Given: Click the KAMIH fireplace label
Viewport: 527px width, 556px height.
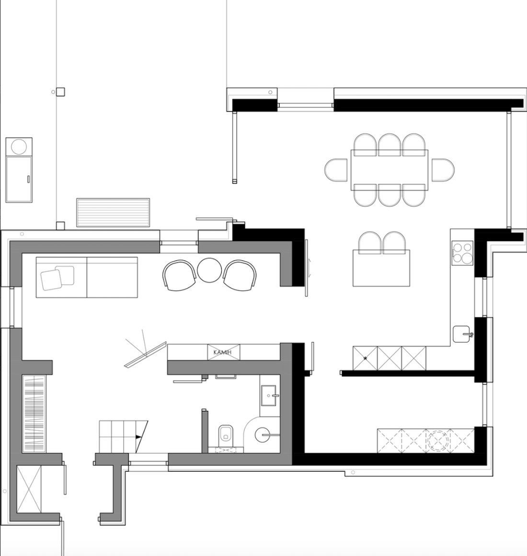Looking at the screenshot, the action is tap(223, 352).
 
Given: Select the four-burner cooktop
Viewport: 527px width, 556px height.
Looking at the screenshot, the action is tap(462, 253).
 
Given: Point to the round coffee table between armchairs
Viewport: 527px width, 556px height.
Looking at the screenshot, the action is tap(209, 270).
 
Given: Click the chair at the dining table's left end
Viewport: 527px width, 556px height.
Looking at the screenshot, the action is tap(336, 170).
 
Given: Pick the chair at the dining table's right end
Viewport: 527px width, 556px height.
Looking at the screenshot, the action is tap(443, 170).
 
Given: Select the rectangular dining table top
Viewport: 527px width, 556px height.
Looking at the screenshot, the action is tap(390, 170).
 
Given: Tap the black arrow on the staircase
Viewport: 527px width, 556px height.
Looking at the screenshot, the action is tap(138, 437).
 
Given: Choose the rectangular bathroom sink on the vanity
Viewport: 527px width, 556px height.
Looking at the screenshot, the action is tap(268, 395).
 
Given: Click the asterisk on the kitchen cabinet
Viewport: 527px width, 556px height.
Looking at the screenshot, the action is tap(365, 359).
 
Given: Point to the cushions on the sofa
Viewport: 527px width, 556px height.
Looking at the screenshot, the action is tap(57, 278).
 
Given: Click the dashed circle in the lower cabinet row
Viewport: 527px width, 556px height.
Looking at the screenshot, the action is tap(438, 441).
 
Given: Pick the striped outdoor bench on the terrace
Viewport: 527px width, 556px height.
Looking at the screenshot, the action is tap(113, 212).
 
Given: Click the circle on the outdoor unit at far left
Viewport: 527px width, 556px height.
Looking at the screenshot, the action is tap(19, 147).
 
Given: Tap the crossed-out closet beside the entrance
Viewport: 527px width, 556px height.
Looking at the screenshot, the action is tap(29, 489).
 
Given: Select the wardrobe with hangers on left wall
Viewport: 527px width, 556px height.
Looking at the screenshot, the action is tap(34, 414).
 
